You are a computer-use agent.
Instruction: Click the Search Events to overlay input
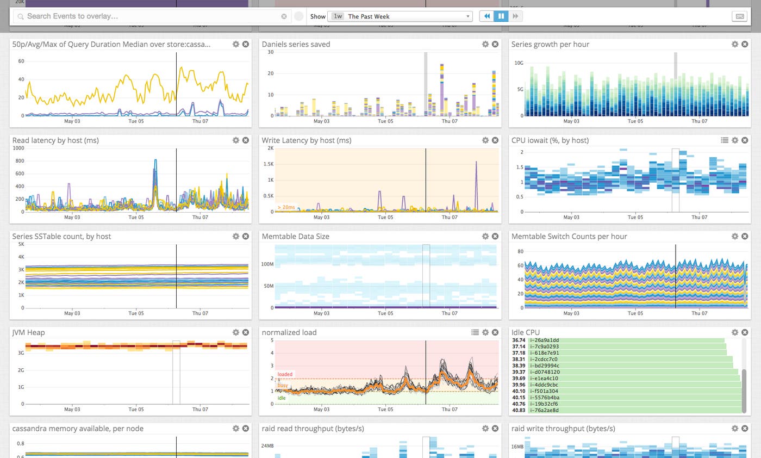(152, 16)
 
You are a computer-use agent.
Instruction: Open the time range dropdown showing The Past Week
(400, 16)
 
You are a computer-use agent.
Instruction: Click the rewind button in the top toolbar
(486, 16)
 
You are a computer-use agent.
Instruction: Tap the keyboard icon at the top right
(739, 16)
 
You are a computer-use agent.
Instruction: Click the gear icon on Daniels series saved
(485, 44)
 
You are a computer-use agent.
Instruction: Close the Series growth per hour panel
(745, 44)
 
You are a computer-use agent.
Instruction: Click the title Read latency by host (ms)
(55, 140)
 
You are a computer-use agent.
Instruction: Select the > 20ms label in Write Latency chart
(286, 207)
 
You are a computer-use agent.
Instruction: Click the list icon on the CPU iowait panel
(725, 140)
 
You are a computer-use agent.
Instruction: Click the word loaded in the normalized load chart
(285, 374)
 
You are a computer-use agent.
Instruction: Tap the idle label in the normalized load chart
(282, 398)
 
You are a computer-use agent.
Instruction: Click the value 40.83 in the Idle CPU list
(519, 410)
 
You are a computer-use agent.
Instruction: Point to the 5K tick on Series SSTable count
(21, 245)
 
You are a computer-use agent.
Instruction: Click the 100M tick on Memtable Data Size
(267, 264)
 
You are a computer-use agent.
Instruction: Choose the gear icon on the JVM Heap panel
(236, 332)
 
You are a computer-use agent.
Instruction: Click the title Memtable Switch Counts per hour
(569, 237)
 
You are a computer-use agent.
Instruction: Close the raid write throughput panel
(745, 429)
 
